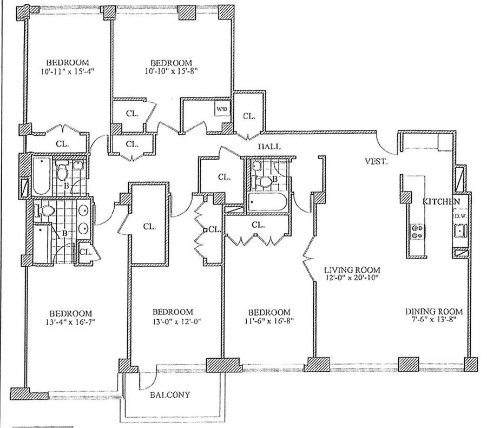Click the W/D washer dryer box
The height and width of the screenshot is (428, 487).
tap(223, 109)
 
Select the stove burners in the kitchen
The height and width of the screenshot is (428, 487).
tap(417, 232)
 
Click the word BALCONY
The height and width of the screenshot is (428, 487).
tap(170, 395)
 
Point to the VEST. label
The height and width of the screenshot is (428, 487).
tap(376, 161)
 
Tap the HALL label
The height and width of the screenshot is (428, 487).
tap(269, 146)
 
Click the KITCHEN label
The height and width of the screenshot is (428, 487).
tap(441, 201)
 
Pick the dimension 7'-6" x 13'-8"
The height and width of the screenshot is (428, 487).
tap(434, 319)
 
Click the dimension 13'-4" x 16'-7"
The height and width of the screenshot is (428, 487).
tap(70, 321)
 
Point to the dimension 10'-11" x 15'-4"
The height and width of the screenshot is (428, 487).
tap(68, 71)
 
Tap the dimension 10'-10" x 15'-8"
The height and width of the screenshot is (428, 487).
tap(172, 71)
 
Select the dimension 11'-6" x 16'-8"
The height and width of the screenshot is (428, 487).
tap(269, 320)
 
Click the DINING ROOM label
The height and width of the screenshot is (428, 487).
tap(434, 312)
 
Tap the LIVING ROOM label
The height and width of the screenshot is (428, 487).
tap(352, 269)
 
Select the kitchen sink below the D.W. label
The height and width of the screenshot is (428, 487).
tap(460, 231)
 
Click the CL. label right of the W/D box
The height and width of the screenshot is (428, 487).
tap(249, 116)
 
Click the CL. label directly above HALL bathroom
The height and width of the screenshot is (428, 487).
tap(224, 177)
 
